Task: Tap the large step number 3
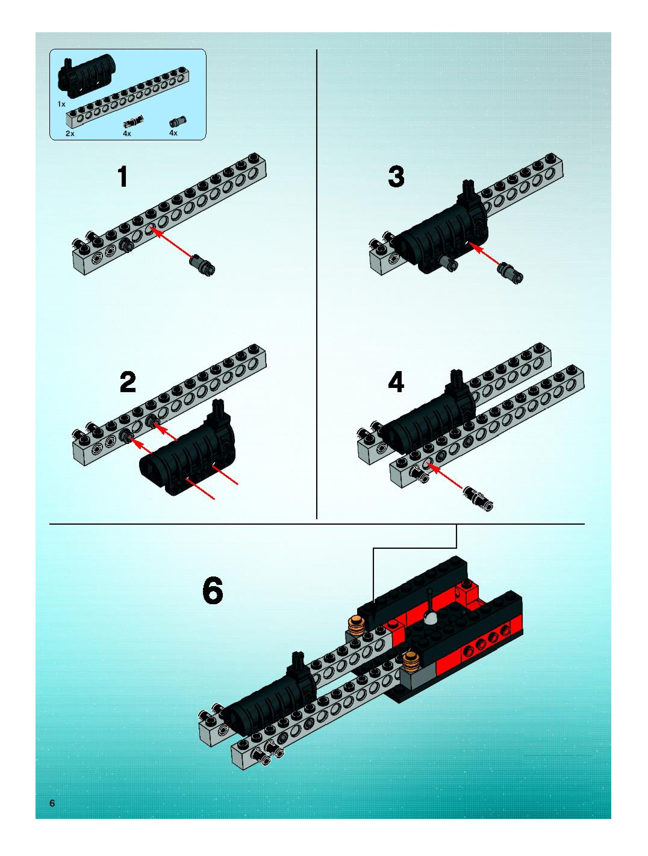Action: coord(396,177)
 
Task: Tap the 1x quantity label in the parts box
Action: coord(61,104)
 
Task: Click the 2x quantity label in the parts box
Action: coord(70,133)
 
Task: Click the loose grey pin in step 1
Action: coord(202,264)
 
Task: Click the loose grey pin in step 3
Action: coord(511,272)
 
